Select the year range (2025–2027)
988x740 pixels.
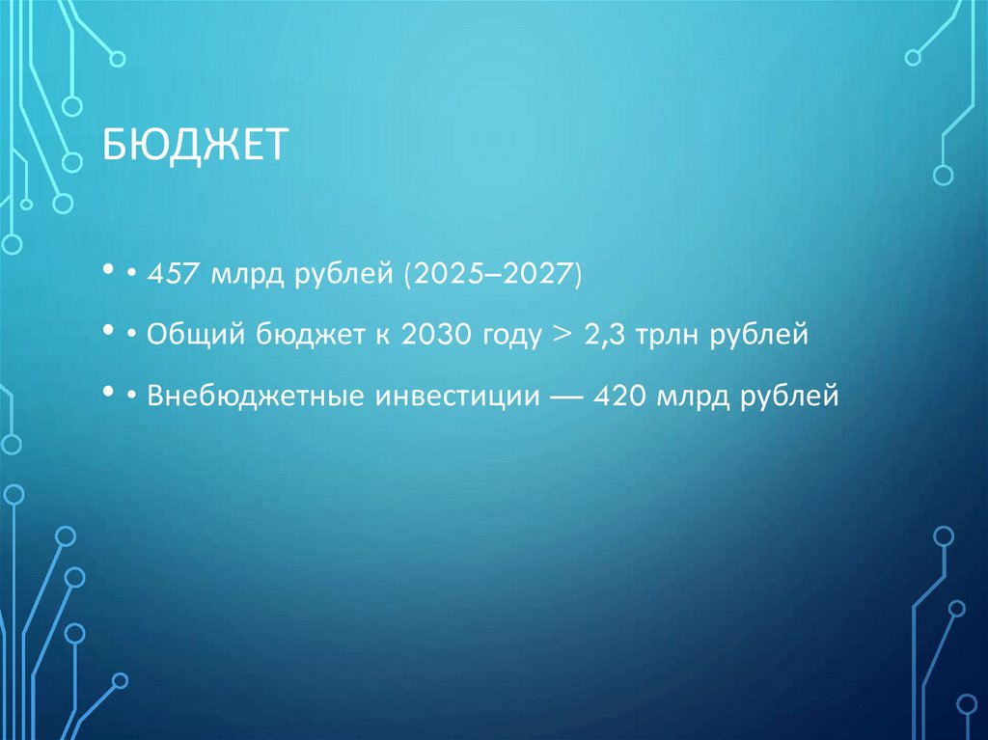(493, 278)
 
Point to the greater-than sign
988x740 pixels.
(558, 337)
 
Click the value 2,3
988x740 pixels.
(602, 337)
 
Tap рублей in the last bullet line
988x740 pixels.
(787, 397)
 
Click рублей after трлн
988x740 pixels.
(758, 338)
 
